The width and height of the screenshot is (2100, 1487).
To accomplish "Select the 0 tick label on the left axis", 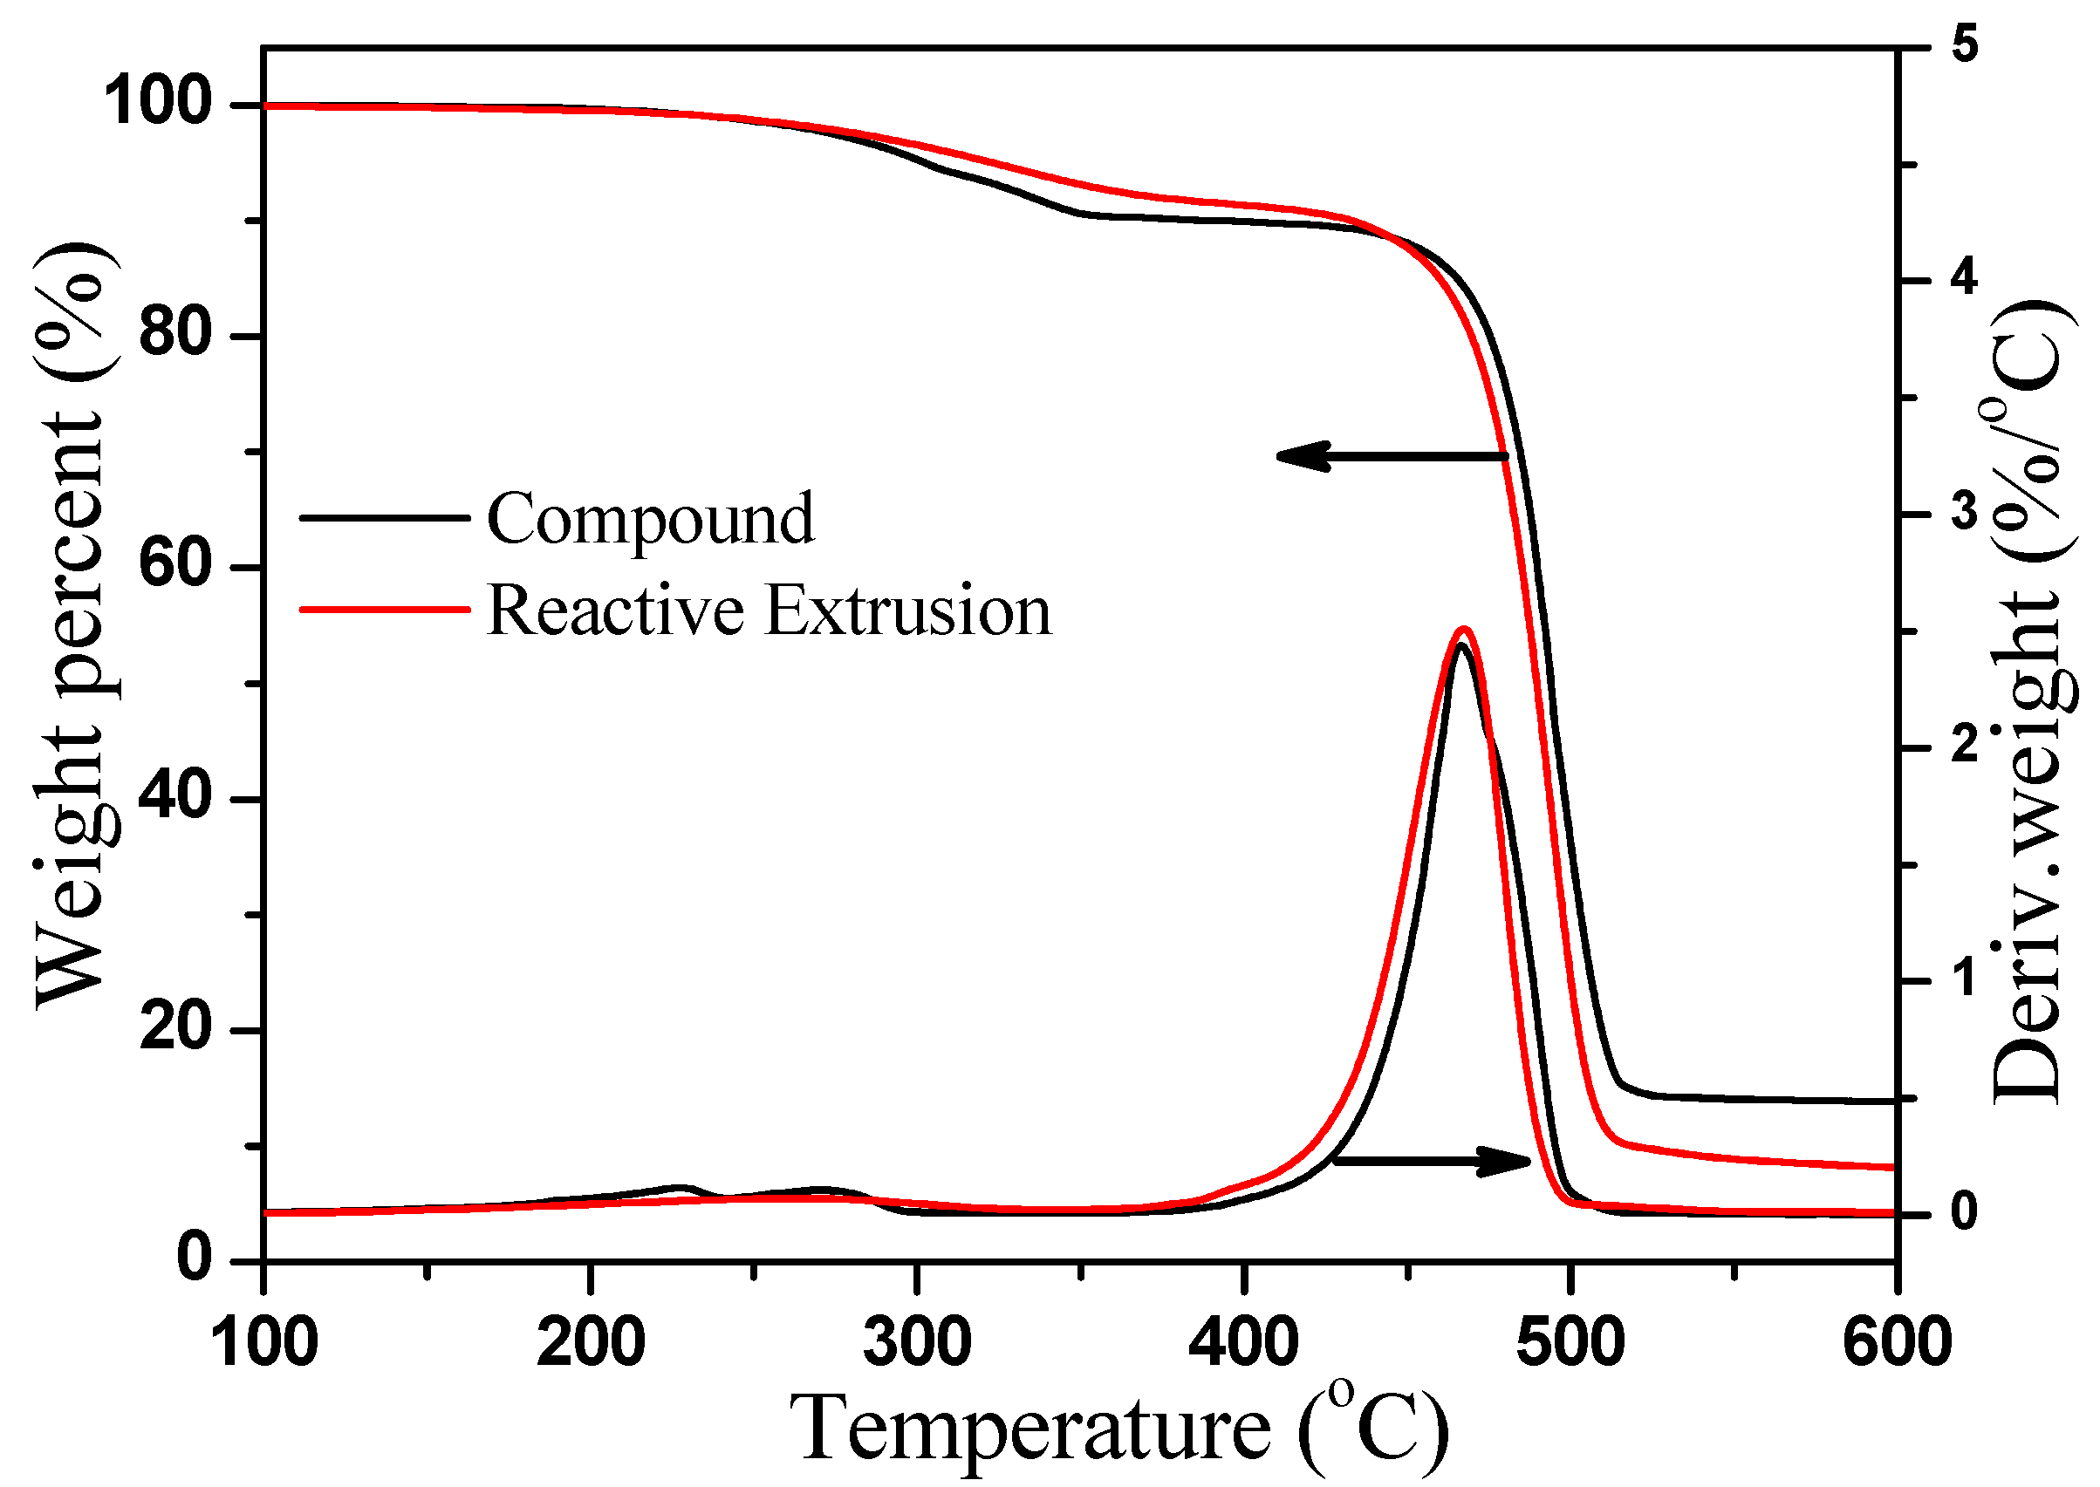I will (x=195, y=1258).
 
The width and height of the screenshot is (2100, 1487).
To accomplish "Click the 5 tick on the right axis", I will (x=1964, y=44).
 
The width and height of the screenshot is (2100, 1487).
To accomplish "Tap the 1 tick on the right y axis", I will (x=1964, y=978).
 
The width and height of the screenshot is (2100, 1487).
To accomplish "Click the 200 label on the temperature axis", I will (x=591, y=1342).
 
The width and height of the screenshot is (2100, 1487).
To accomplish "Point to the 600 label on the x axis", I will (x=1897, y=1342).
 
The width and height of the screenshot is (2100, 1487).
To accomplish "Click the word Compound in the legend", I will (x=649, y=519).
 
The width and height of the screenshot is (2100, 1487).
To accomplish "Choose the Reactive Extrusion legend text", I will (x=770, y=610).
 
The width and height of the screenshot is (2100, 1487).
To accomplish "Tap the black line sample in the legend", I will (x=385, y=518).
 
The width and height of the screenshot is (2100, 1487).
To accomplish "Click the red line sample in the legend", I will (x=385, y=609).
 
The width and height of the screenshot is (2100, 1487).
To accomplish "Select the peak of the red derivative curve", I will (x=1463, y=629).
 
